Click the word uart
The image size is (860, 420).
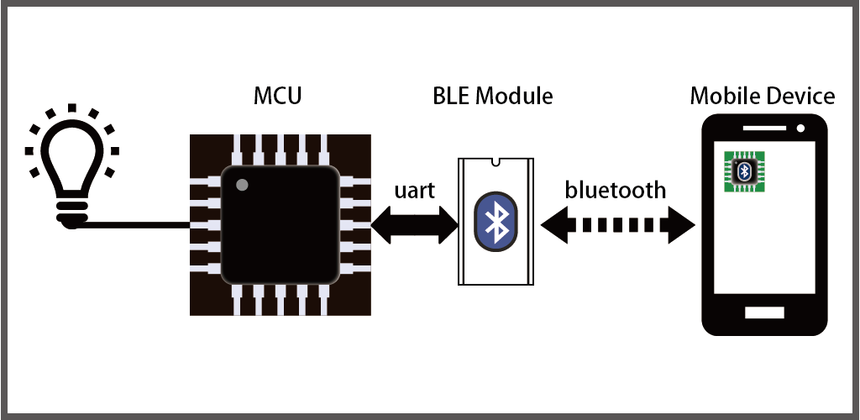[415, 191]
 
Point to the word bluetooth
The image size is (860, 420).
[616, 190]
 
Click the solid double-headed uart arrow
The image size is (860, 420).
[415, 224]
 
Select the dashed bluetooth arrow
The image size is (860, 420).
[618, 224]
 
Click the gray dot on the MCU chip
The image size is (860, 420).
[242, 184]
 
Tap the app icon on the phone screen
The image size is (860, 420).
[744, 171]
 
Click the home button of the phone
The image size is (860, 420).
[763, 312]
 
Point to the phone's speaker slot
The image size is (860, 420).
[763, 129]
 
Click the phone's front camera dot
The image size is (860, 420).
[801, 129]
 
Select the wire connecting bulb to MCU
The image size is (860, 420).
[134, 224]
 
